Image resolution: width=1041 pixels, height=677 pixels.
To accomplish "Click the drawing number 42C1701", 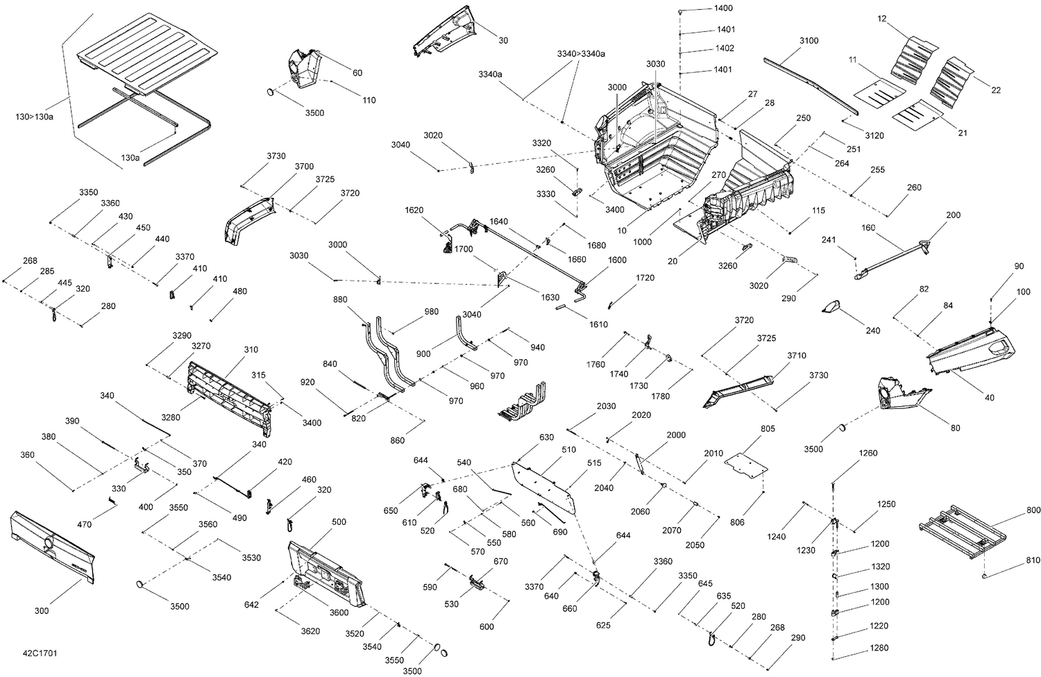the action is click(40, 653).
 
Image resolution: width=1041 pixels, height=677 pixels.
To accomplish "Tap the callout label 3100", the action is click(809, 41).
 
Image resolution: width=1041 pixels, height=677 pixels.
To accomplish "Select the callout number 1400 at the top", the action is click(723, 8).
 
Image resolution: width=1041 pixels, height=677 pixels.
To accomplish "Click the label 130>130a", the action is click(35, 117).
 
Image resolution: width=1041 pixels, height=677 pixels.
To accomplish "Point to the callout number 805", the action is click(768, 428).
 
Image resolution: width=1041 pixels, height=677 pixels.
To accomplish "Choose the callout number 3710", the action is click(797, 356).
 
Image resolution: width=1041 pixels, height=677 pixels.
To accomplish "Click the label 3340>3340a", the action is click(582, 54).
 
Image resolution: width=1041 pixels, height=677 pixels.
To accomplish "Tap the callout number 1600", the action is click(617, 260).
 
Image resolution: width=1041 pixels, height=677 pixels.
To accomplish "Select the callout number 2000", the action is click(676, 435).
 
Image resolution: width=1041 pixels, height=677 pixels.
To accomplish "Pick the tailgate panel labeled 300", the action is click(52, 547).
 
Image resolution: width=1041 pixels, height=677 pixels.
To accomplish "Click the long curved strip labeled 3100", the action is click(811, 85).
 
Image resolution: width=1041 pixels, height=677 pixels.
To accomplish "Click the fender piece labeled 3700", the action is click(249, 220).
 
